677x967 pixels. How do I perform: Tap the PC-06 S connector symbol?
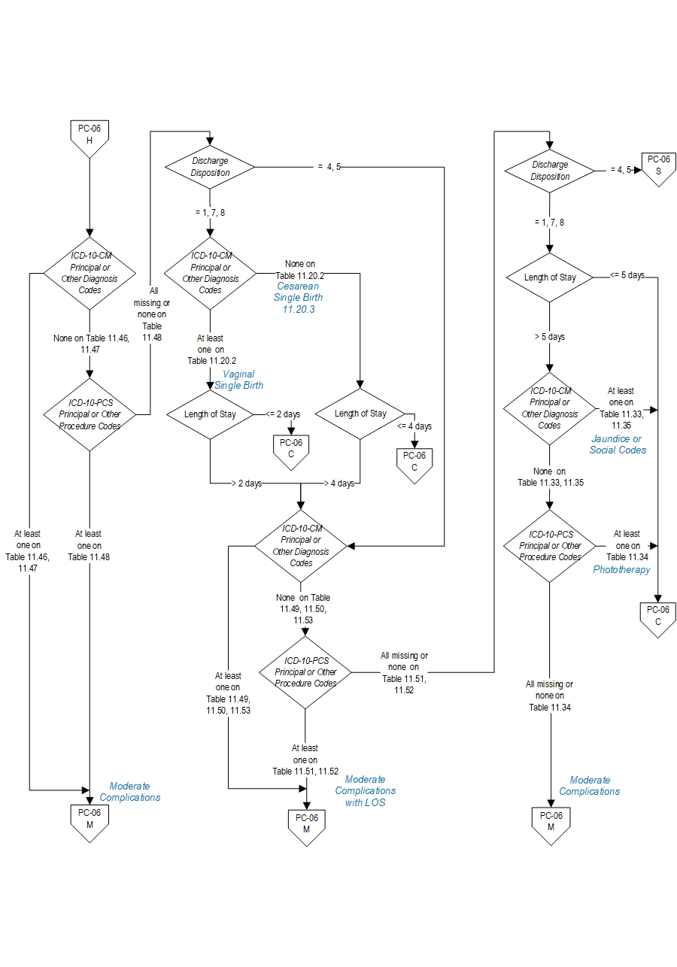pyautogui.click(x=659, y=168)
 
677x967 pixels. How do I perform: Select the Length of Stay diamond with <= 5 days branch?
pyautogui.click(x=550, y=277)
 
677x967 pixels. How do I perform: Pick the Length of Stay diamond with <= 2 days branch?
pyautogui.click(x=210, y=414)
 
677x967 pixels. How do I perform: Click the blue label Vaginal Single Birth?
pyautogui.click(x=239, y=380)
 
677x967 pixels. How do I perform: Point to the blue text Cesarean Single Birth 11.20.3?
pyautogui.click(x=299, y=297)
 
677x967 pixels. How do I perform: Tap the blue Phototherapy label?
pyautogui.click(x=621, y=570)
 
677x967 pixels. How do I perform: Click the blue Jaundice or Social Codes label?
pyautogui.click(x=618, y=444)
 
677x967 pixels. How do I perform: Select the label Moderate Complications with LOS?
pyautogui.click(x=365, y=791)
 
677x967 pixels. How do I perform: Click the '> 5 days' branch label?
pyautogui.click(x=549, y=337)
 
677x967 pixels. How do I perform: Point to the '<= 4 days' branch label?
pyautogui.click(x=414, y=426)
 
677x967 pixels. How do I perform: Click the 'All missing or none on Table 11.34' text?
pyautogui.click(x=549, y=696)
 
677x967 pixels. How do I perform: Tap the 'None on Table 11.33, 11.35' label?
pyautogui.click(x=550, y=477)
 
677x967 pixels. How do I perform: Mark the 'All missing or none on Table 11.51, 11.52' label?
pyautogui.click(x=404, y=673)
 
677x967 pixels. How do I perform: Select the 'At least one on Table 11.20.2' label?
pyautogui.click(x=210, y=350)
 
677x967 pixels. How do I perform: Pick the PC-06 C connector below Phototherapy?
pyautogui.click(x=659, y=619)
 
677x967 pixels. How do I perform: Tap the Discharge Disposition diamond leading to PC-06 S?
pyautogui.click(x=550, y=171)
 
